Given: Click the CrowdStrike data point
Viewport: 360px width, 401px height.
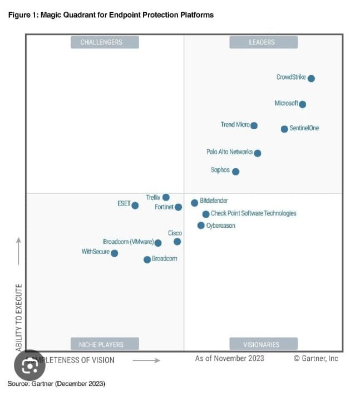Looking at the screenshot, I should click(311, 79).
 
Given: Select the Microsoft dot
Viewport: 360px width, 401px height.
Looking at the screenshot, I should click(302, 104).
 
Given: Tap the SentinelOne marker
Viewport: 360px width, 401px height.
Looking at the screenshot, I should click(284, 129).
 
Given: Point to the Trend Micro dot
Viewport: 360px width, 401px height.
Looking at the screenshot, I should click(254, 126).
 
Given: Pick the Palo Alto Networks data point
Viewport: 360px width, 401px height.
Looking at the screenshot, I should click(257, 153).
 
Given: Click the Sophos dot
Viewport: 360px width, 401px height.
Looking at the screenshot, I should click(235, 172).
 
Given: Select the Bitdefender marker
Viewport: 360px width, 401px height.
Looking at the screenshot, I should click(194, 203).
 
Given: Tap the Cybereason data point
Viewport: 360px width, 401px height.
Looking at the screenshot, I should click(201, 226).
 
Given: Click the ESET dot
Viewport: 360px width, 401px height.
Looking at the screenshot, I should click(135, 205).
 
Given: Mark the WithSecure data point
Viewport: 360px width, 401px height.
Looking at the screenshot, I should click(114, 253).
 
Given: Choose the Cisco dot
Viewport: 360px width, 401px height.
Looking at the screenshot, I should click(177, 242).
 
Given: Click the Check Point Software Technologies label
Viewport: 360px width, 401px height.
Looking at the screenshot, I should click(254, 213).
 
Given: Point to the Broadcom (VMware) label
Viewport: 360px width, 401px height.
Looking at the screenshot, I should click(128, 242).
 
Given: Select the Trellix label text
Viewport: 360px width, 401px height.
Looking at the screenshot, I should click(153, 198).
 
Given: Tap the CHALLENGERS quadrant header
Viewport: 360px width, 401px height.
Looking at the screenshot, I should click(104, 42).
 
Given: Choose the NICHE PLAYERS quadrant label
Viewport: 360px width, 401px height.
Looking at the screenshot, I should click(104, 344).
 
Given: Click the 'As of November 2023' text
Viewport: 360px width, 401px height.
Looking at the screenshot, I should click(229, 359).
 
